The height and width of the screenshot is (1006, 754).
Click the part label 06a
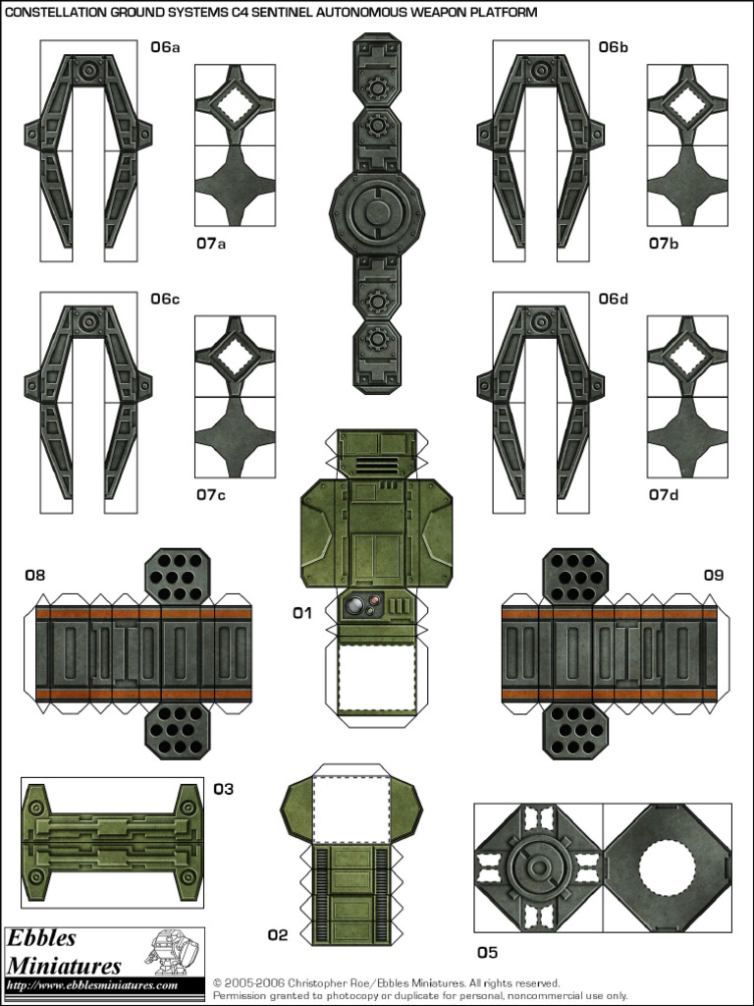[x=165, y=47]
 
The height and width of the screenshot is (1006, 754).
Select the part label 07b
[x=663, y=243]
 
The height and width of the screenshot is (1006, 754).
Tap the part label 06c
[x=165, y=299]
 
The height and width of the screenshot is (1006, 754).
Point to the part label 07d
[x=663, y=494]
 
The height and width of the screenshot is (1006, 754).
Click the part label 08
[x=35, y=575]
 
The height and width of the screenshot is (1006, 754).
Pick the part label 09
[x=713, y=575]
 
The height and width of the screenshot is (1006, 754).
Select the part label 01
[x=301, y=613]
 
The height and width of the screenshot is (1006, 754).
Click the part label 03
[x=224, y=788]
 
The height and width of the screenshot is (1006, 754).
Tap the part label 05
[x=487, y=952]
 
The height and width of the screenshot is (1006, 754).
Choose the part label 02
[x=278, y=934]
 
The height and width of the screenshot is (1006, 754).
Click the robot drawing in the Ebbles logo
[x=171, y=951]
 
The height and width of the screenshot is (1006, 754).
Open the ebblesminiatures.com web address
[x=92, y=985]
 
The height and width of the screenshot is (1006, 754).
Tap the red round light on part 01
[x=358, y=601]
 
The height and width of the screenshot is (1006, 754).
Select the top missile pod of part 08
[x=178, y=575]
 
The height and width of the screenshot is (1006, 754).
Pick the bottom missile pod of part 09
[x=575, y=731]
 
